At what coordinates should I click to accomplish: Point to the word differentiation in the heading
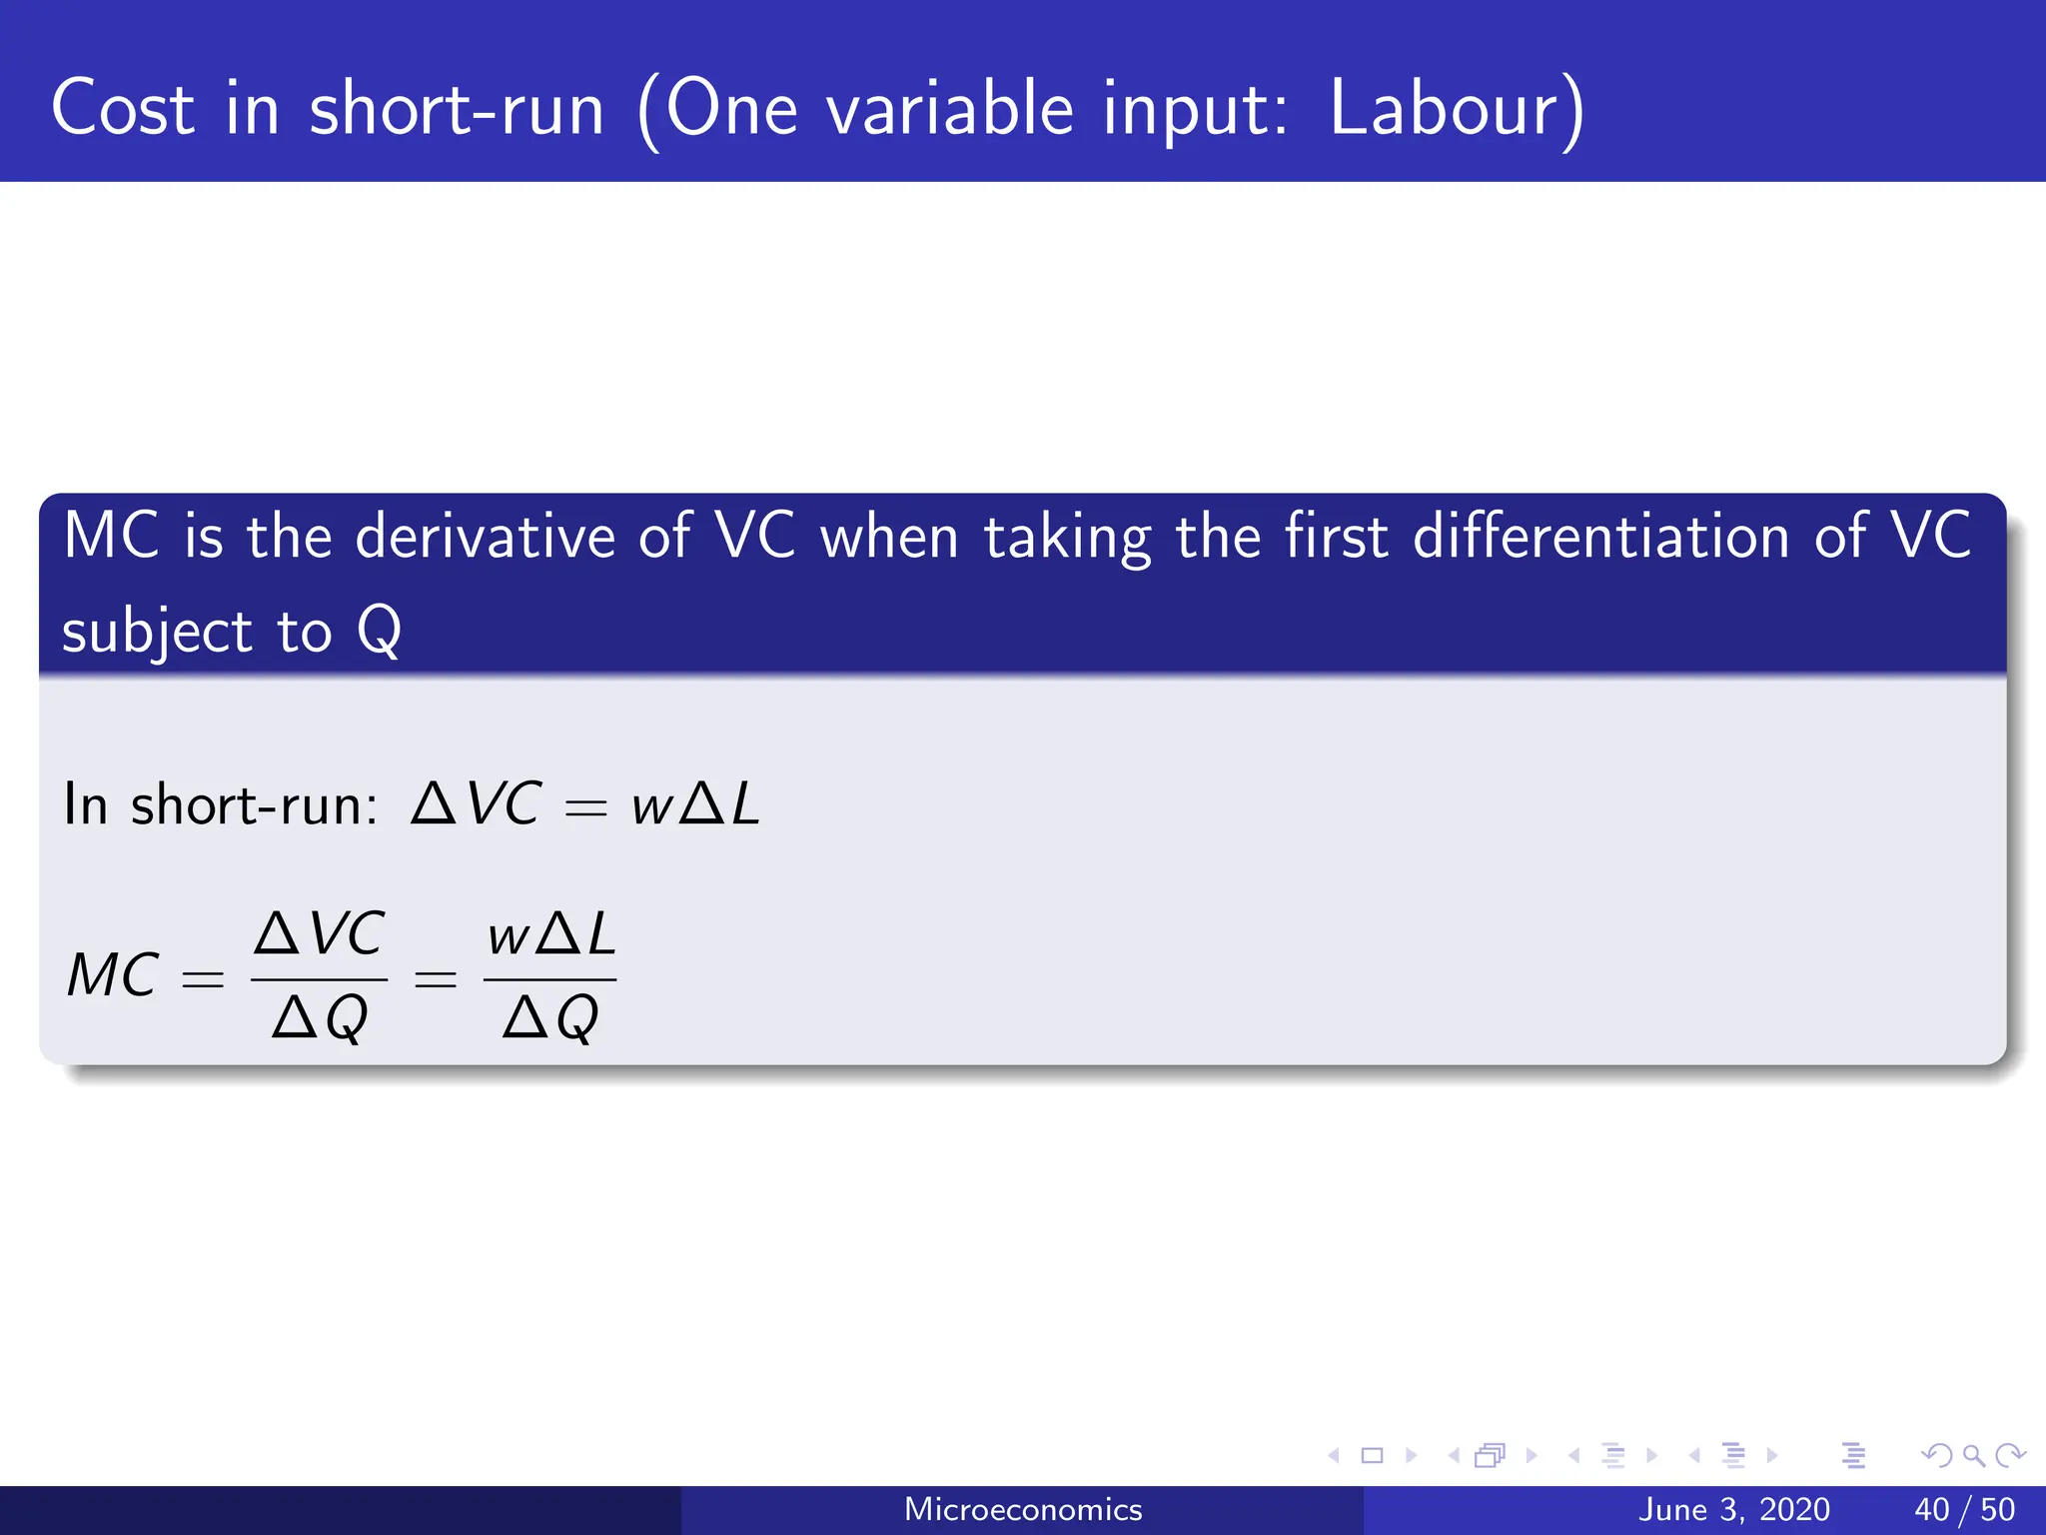[x=1600, y=537]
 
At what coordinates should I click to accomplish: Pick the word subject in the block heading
[x=157, y=633]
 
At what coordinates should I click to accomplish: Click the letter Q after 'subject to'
[x=380, y=631]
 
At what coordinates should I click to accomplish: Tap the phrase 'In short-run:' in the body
[x=220, y=804]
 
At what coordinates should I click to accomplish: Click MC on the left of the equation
[x=112, y=975]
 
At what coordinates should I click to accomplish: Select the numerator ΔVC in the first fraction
[x=319, y=934]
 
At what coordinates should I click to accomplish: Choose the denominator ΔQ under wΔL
[x=550, y=1018]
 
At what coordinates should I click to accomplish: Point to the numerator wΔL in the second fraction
[x=550, y=935]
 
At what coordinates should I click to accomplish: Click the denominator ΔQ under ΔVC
[x=320, y=1018]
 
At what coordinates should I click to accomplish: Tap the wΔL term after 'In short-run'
[x=695, y=804]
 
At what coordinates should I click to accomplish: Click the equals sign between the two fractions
[x=436, y=979]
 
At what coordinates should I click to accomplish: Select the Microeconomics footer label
[x=1022, y=1509]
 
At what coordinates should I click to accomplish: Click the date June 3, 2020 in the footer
[x=1734, y=1509]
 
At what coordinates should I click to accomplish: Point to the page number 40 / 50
[x=1964, y=1509]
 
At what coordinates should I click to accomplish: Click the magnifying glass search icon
[x=1973, y=1456]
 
